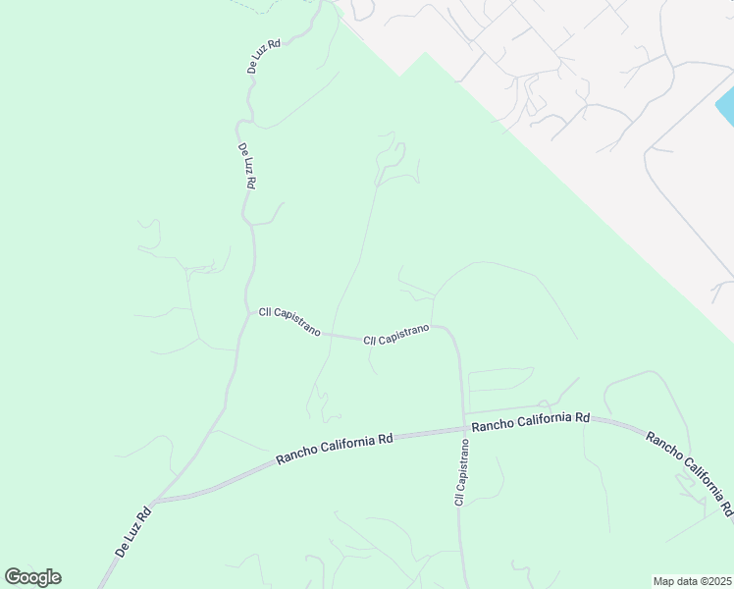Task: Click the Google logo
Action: tap(32, 577)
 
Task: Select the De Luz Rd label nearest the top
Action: tap(263, 57)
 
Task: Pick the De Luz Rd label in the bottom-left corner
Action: tap(132, 531)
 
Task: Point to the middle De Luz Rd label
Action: tap(247, 166)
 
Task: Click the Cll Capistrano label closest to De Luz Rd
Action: tap(289, 322)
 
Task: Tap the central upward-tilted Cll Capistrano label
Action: tap(396, 335)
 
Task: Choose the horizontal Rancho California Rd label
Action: tap(530, 422)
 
